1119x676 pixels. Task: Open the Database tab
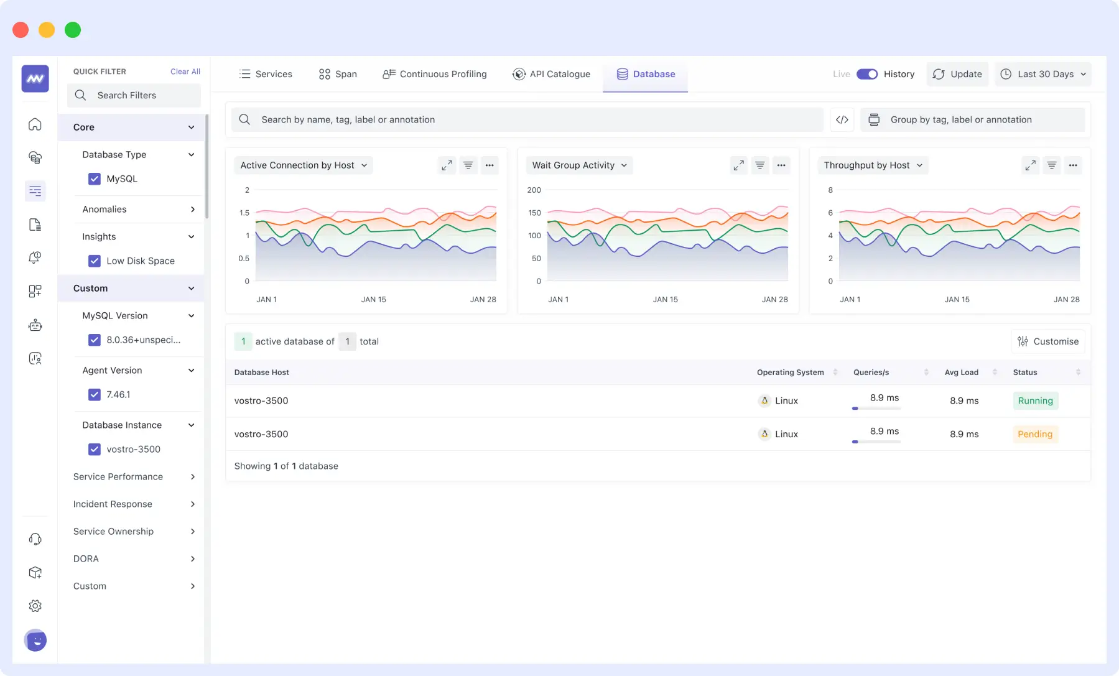pyautogui.click(x=646, y=74)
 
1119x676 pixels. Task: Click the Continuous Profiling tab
pyautogui.click(x=435, y=74)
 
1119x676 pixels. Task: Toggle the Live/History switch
pyautogui.click(x=866, y=74)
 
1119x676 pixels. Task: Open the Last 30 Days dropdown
pyautogui.click(x=1043, y=74)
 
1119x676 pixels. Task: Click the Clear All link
pyautogui.click(x=185, y=72)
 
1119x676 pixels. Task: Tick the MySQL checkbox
pyautogui.click(x=95, y=179)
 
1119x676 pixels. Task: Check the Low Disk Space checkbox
pyautogui.click(x=95, y=261)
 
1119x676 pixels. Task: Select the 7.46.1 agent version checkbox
pyautogui.click(x=95, y=395)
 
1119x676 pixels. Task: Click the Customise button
pyautogui.click(x=1048, y=341)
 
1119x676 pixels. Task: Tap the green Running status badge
pyautogui.click(x=1035, y=401)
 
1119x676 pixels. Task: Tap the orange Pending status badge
pyautogui.click(x=1035, y=435)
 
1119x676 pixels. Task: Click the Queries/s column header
pyautogui.click(x=871, y=373)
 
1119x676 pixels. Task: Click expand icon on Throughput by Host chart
pyautogui.click(x=1031, y=165)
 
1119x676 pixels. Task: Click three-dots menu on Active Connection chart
pyautogui.click(x=490, y=165)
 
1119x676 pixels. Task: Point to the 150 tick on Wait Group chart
pyautogui.click(x=534, y=213)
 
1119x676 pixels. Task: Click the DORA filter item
pyautogui.click(x=86, y=559)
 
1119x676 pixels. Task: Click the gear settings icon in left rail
pyautogui.click(x=35, y=606)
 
